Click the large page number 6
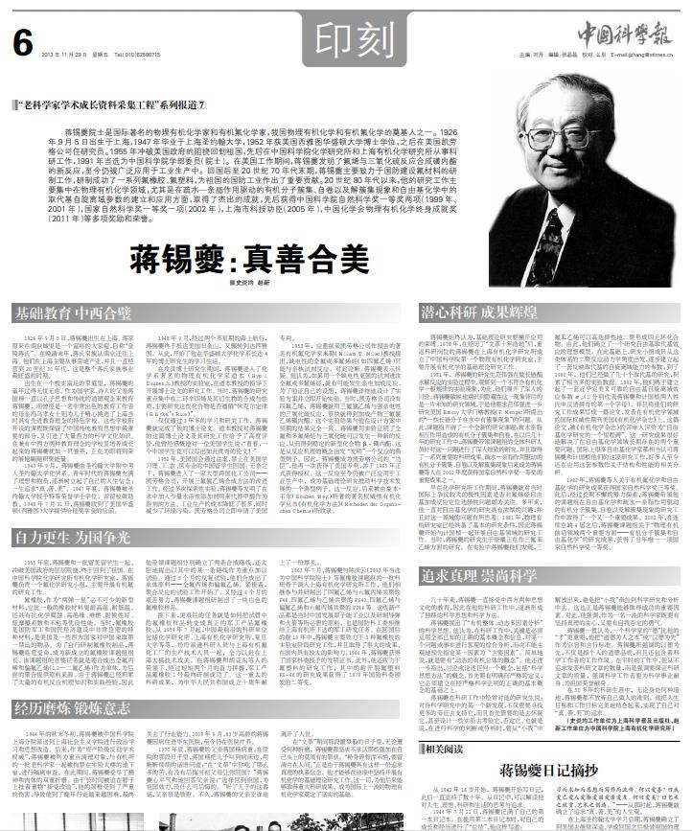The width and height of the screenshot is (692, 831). coord(23,39)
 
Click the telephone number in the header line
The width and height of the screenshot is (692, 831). coord(134,54)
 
